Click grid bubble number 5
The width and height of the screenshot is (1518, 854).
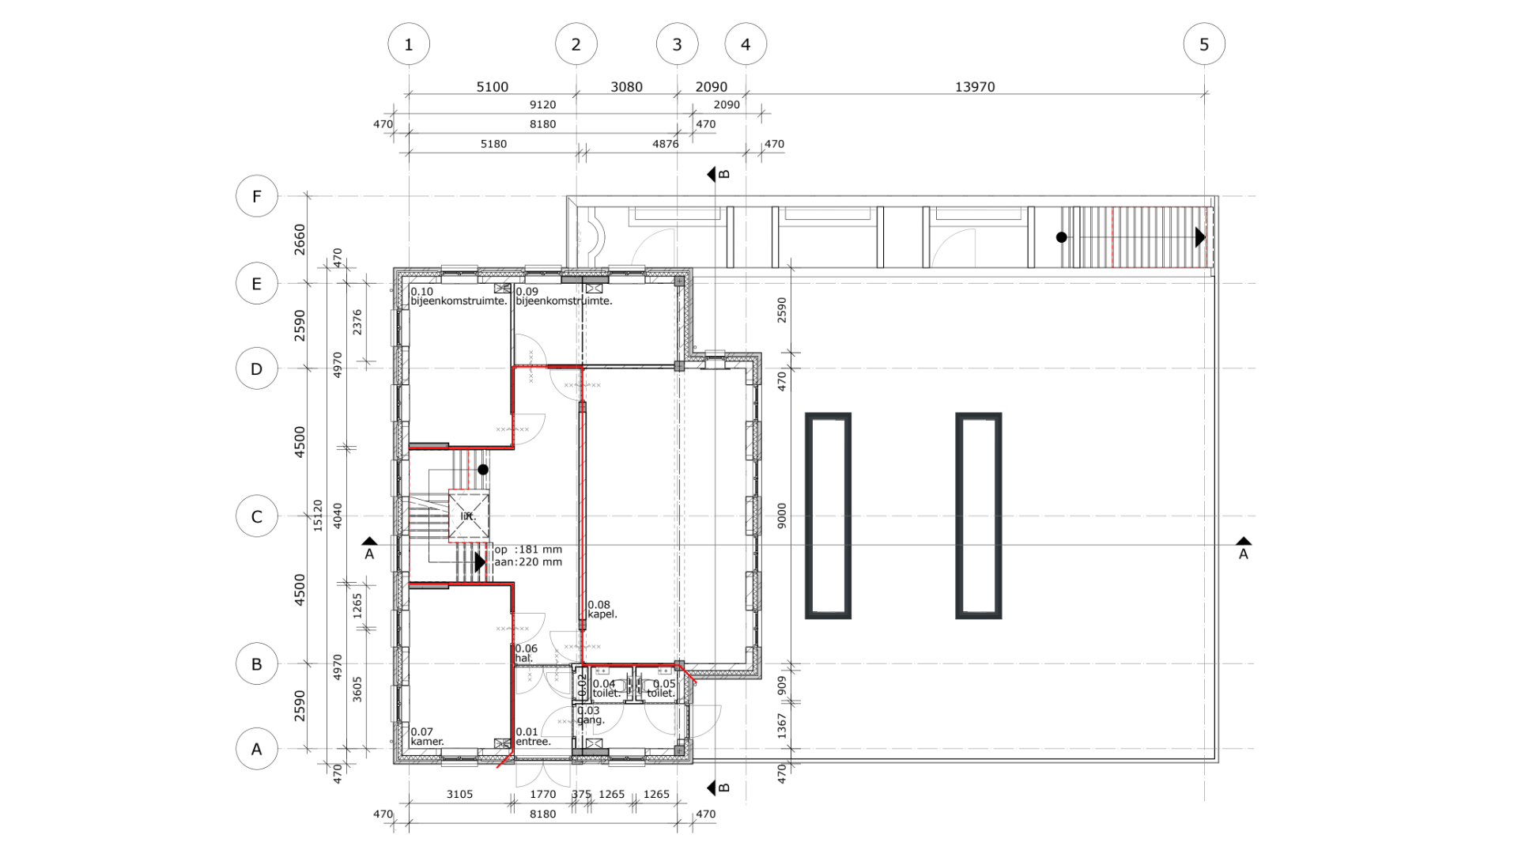coord(1204,44)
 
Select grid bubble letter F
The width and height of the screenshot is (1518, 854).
coord(257,196)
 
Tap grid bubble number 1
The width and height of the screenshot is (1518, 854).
coord(409,44)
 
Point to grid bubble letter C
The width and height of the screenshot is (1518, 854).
coord(257,516)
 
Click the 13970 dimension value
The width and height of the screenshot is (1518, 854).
coord(975,87)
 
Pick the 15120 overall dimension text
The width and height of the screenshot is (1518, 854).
coord(318,515)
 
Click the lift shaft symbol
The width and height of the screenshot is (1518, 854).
coord(469,516)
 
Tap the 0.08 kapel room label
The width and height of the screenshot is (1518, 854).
coord(602,610)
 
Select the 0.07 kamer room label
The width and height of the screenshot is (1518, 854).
coord(427,737)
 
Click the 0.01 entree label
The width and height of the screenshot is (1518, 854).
coord(533,737)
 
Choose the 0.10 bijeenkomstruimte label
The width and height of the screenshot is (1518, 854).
coord(459,297)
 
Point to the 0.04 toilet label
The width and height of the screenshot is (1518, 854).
coord(606,689)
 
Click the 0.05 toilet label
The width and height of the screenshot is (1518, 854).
coord(662,689)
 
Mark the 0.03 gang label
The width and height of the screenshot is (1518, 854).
coord(591,716)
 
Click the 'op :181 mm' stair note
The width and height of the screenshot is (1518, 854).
coord(528,550)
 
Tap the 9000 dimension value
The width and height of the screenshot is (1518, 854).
coord(782,516)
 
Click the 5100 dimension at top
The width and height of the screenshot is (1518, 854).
coord(492,87)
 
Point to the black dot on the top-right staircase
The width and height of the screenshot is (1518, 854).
coord(1062,237)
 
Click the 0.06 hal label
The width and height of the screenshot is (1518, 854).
coord(526,653)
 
